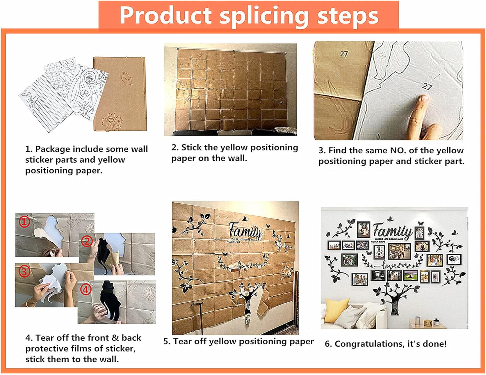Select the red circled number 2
pos(87,241)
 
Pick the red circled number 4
pos(86,290)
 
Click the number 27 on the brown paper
pos(344,54)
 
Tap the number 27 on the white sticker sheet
pos(427,86)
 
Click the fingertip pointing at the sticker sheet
pos(423,98)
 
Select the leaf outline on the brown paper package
pos(127,78)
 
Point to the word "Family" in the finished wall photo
pos(392,231)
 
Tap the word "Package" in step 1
pos(52,149)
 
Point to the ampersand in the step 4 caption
pos(115,338)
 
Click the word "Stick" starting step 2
pos(191,148)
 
